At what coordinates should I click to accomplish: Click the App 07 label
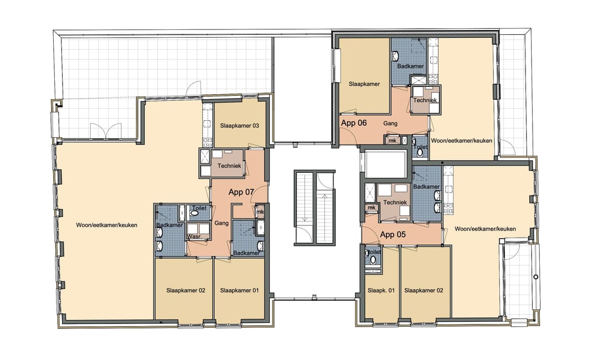click(241, 193)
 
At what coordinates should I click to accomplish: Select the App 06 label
click(354, 123)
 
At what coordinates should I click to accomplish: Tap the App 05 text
click(393, 234)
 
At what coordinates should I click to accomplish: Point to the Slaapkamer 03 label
click(239, 126)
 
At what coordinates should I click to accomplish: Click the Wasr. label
click(194, 236)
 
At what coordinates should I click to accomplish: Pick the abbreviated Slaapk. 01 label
click(381, 290)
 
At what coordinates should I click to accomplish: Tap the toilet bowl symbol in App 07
click(194, 213)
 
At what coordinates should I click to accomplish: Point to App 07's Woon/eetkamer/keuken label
click(106, 225)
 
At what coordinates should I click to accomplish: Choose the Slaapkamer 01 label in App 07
click(239, 290)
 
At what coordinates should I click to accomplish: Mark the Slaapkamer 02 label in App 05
click(424, 290)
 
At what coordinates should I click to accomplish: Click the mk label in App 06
click(393, 141)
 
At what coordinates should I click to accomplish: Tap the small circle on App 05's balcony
click(535, 276)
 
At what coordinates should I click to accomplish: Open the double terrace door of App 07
click(106, 131)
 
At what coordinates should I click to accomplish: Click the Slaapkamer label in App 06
click(364, 84)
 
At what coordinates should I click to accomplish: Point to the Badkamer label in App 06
click(410, 66)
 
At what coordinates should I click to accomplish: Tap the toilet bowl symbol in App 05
click(373, 259)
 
